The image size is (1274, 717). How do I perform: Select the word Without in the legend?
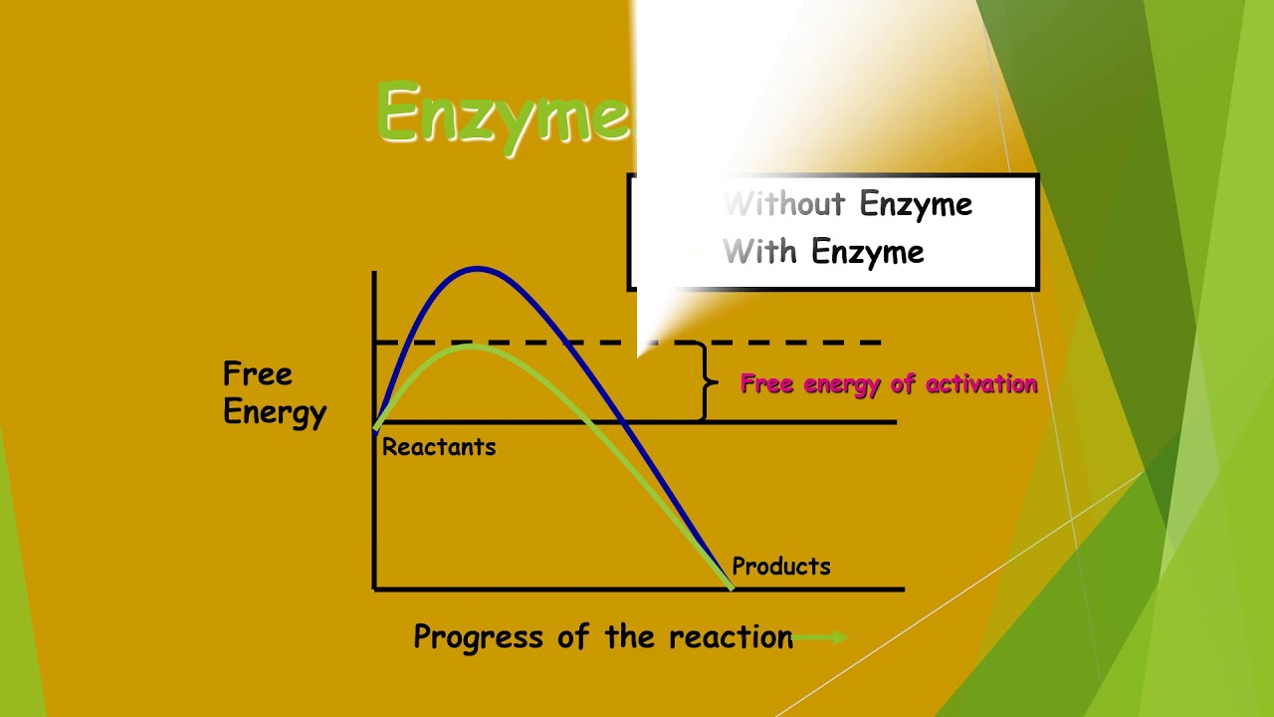tap(784, 205)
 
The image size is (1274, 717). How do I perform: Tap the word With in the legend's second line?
tap(760, 252)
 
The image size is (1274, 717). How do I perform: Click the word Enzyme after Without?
tap(916, 205)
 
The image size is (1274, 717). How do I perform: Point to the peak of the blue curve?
tap(478, 268)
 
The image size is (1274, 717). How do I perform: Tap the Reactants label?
tap(439, 448)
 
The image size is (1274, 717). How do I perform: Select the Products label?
tap(781, 567)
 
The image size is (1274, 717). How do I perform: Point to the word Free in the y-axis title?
tap(258, 374)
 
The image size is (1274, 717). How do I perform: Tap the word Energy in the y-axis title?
tap(275, 412)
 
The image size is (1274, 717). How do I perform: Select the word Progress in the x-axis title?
tap(479, 637)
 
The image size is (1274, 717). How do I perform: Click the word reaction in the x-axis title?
tap(731, 637)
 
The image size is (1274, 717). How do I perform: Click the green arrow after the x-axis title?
tap(821, 637)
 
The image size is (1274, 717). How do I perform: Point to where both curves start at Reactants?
tap(375, 428)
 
